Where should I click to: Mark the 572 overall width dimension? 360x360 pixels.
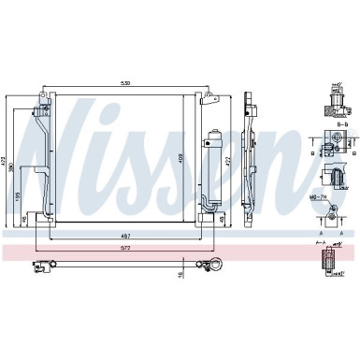(x=122, y=250)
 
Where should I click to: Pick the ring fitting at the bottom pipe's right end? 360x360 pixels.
(x=214, y=265)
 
